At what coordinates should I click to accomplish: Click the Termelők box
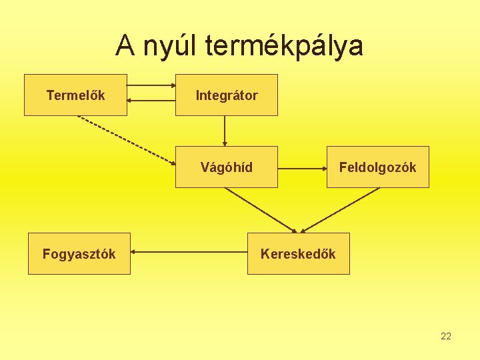tap(75, 95)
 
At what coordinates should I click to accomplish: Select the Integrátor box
tap(226, 95)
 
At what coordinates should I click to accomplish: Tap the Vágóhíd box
tap(226, 167)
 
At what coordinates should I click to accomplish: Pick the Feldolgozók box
tap(377, 167)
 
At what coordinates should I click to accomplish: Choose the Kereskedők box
tap(298, 253)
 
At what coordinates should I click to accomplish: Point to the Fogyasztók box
tap(79, 253)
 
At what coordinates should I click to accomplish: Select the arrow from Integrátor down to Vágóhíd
tap(225, 131)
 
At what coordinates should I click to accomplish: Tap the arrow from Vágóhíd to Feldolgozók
tap(301, 167)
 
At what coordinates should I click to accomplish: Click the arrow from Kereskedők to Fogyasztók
tap(189, 253)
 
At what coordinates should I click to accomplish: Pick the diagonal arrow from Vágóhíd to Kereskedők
tap(260, 209)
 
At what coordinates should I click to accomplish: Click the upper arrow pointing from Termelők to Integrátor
tap(151, 85)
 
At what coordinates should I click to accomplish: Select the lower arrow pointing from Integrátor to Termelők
tap(151, 101)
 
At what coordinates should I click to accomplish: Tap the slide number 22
tap(446, 336)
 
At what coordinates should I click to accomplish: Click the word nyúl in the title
tap(169, 46)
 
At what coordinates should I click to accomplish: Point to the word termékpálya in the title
tap(285, 46)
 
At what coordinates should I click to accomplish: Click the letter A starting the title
tap(124, 46)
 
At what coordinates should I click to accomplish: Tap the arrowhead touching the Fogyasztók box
tap(133, 253)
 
